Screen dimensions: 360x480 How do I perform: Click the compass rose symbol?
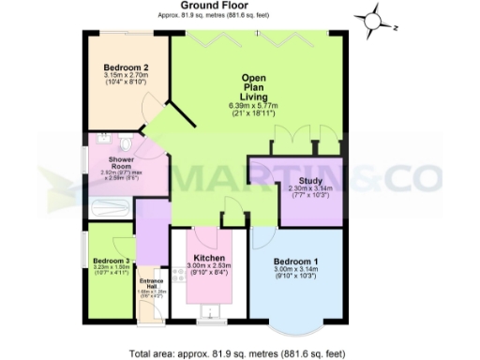tap(373, 18)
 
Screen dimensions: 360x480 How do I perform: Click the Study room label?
tap(310, 181)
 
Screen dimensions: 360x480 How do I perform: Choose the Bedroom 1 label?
tap(296, 262)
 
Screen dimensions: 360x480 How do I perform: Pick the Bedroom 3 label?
tap(112, 260)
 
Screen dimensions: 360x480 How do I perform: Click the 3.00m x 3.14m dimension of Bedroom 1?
tap(296, 273)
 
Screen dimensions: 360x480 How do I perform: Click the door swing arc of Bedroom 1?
tap(262, 238)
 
